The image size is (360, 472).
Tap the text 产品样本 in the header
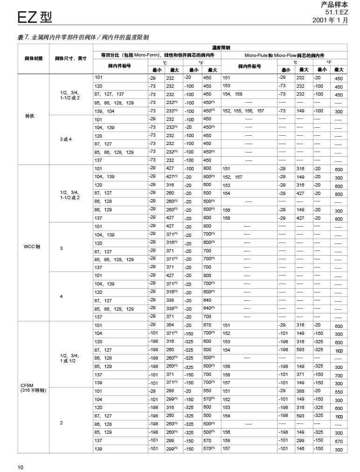point(334,5)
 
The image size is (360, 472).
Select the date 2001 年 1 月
point(330,21)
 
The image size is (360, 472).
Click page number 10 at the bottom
point(21,467)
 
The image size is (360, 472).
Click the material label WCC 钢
point(31,246)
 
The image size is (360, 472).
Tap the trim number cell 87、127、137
point(109,94)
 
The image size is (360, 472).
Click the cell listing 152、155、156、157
point(243,111)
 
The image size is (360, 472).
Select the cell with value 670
point(207,325)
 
